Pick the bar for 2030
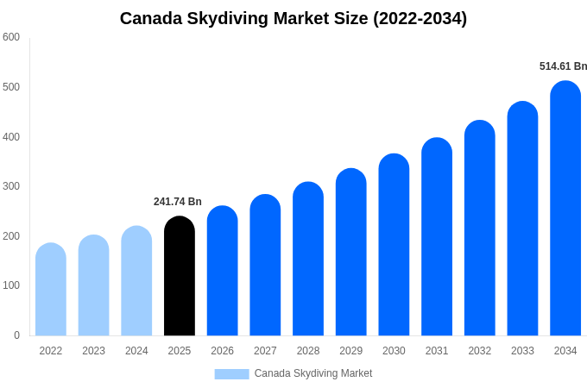(x=394, y=245)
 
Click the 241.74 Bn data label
(x=178, y=202)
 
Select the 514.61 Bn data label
(x=563, y=66)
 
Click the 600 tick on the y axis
(x=11, y=37)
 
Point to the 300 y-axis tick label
(x=11, y=186)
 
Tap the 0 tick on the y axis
(x=16, y=335)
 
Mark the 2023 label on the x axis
(x=93, y=351)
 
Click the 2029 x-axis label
(x=350, y=351)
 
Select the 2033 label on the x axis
(x=522, y=351)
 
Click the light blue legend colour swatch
(x=231, y=374)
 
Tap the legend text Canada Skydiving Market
(x=313, y=373)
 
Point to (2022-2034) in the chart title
(x=420, y=18)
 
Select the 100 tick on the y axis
(x=11, y=285)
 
